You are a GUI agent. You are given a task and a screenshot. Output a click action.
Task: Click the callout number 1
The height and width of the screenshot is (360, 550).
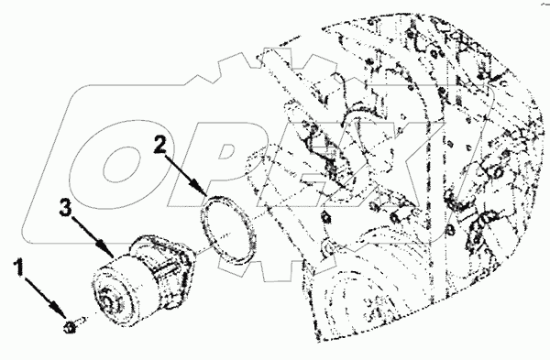pyautogui.click(x=19, y=267)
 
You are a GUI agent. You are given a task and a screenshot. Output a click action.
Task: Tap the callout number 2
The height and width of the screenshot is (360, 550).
pyautogui.click(x=160, y=145)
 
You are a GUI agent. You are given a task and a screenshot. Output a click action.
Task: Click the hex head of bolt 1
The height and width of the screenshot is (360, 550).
pyautogui.click(x=70, y=327)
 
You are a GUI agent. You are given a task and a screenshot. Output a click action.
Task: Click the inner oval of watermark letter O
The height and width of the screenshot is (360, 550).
pyautogui.click(x=120, y=164)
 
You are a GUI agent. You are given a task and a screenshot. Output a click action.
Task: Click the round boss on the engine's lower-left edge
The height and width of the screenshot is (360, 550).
pyautogui.click(x=327, y=247)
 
